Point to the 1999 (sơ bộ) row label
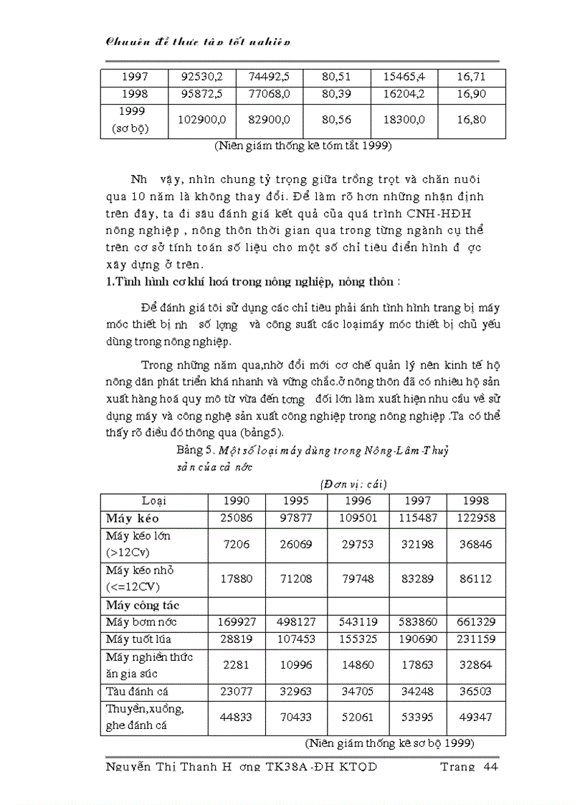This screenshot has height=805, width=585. (x=133, y=120)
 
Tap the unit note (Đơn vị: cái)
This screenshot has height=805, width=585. (x=344, y=484)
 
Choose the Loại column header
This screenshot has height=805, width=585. (x=154, y=500)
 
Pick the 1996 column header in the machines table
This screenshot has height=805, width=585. (x=358, y=500)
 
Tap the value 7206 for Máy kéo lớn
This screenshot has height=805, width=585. (x=237, y=545)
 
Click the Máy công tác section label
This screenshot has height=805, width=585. (x=138, y=606)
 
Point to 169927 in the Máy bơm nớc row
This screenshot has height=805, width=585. (x=237, y=622)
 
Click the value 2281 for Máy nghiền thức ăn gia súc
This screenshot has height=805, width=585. (x=237, y=665)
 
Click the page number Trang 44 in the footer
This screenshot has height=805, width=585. (x=468, y=767)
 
